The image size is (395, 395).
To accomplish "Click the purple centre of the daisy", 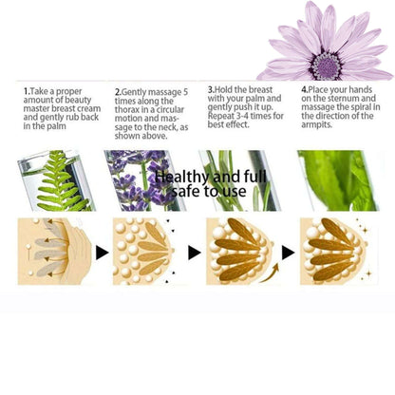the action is point(328,66).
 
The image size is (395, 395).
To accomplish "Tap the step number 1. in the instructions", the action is point(27,91).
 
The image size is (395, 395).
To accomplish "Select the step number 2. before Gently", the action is point(118,92).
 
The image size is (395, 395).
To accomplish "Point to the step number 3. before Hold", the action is point(211,89).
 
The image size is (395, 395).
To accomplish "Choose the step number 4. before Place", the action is point(305,89).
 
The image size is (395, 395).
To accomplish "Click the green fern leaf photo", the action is point(56,180).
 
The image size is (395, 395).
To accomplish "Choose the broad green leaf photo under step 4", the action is point(338,180).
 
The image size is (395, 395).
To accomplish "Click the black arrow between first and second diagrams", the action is point(102,253).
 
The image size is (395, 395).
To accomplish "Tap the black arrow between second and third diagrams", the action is point(194,253).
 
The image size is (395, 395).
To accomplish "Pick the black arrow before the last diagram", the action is point(288,253).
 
